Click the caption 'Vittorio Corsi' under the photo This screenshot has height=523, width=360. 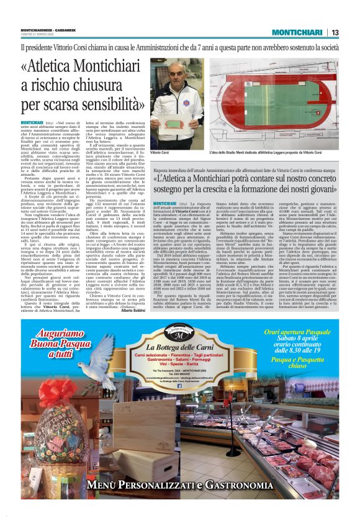coord(160,152)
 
